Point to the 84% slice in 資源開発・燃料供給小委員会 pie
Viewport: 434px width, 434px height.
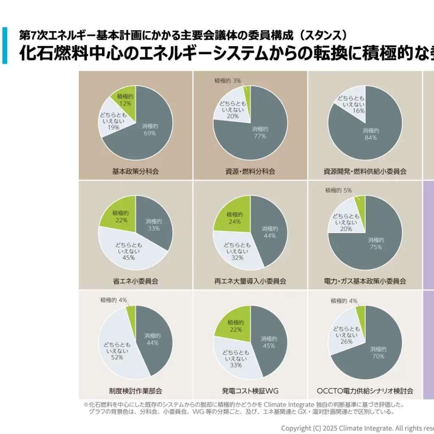[x=371, y=134]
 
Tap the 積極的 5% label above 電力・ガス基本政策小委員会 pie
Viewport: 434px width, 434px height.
[x=338, y=190]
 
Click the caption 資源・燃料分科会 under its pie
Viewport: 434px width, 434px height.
[x=250, y=172]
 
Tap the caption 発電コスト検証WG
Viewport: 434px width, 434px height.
[x=250, y=390]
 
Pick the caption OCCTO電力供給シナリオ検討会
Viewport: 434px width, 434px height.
[x=365, y=390]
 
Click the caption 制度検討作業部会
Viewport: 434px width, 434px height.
[x=135, y=390]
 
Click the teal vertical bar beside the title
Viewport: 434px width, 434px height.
[x=5, y=45]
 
